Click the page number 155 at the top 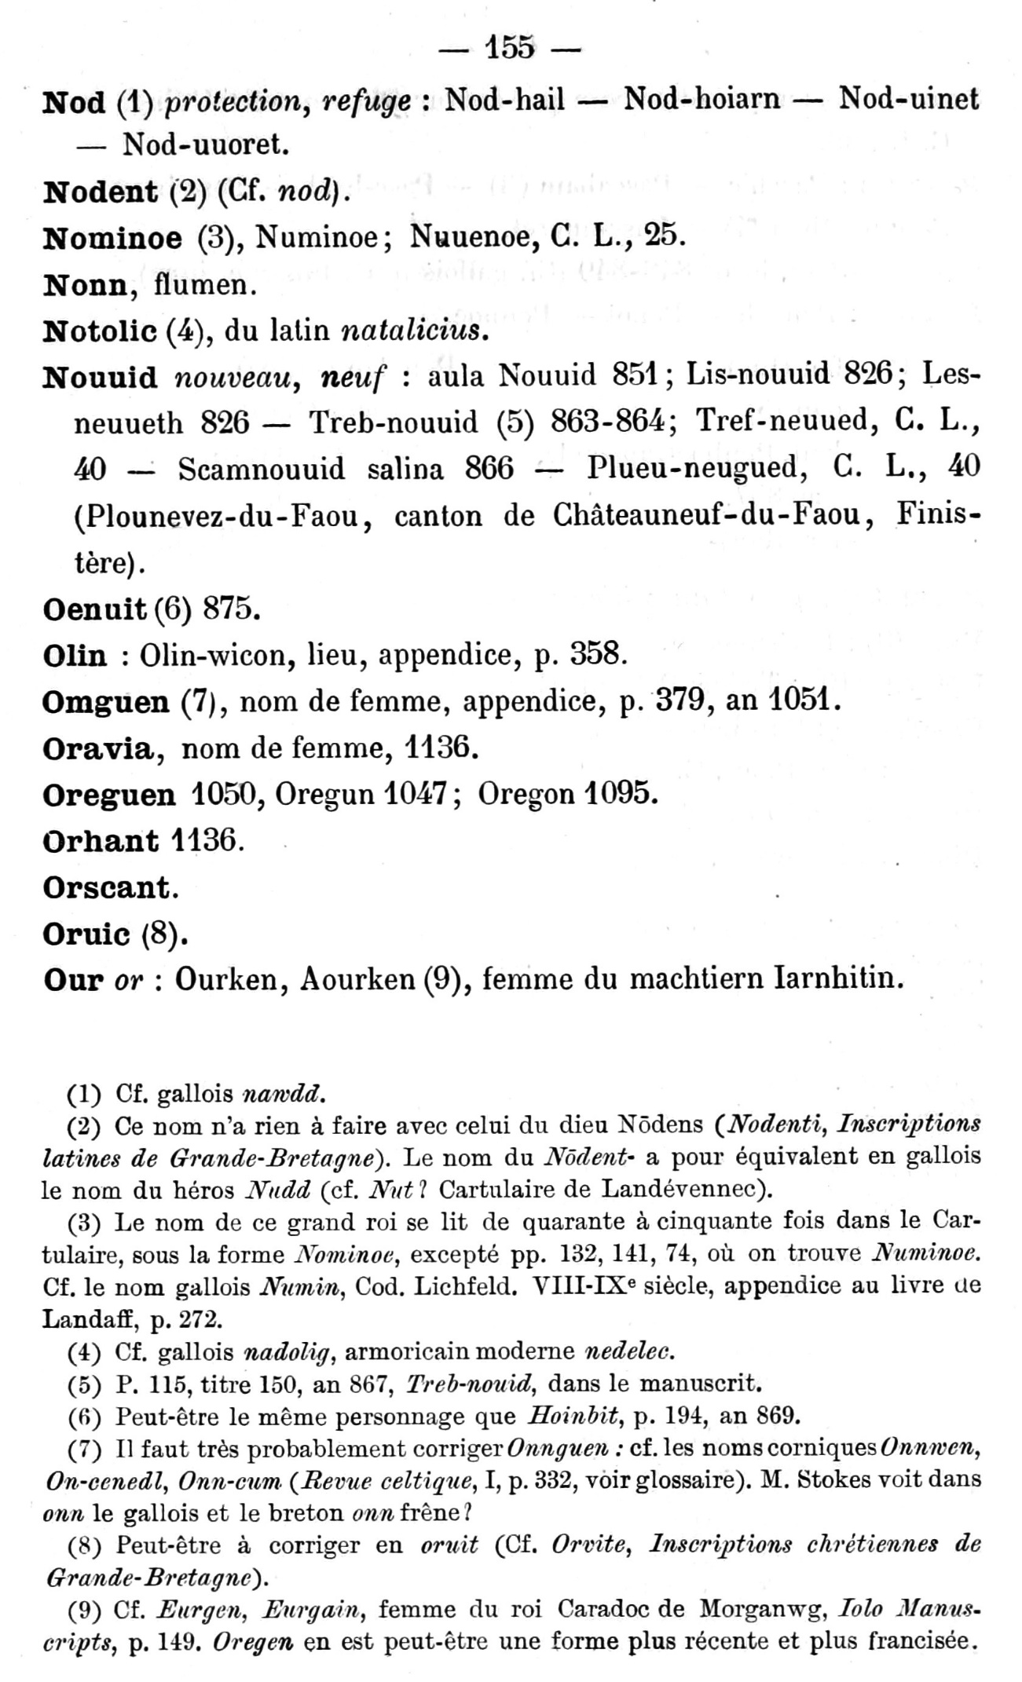tap(511, 48)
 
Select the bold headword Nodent tap(100, 191)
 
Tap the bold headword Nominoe tap(112, 237)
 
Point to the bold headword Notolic tap(99, 331)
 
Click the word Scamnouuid tap(262, 469)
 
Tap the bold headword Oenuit tap(94, 609)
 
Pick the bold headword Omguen tap(105, 701)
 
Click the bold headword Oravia tap(97, 748)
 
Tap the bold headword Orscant tap(107, 887)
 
